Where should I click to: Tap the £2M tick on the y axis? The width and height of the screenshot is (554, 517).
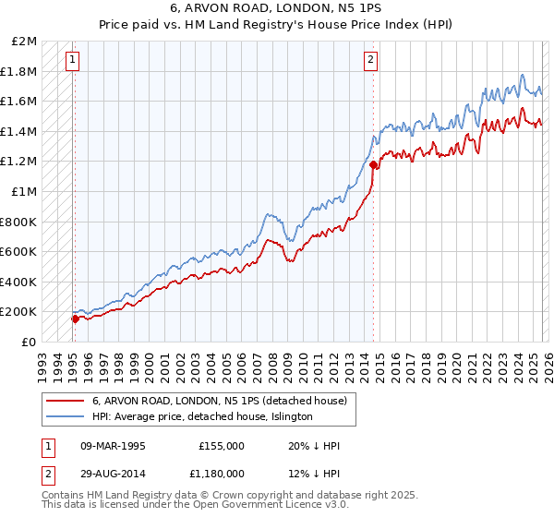tap(25, 42)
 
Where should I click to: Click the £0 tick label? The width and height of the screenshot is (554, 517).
tap(30, 342)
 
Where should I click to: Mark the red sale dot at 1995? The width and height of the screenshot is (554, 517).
tap(75, 319)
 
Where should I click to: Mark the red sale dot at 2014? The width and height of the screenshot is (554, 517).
tap(373, 165)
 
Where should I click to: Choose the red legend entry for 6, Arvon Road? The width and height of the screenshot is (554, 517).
tap(219, 401)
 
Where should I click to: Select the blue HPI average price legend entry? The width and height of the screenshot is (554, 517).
tap(202, 416)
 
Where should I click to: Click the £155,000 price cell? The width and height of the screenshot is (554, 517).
tap(221, 446)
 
